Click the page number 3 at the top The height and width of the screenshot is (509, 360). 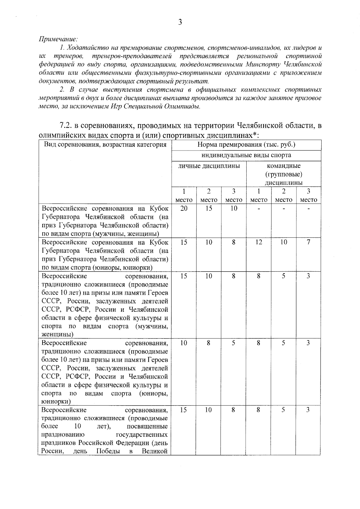click(x=180, y=22)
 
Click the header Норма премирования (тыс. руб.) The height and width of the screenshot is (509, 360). click(x=246, y=145)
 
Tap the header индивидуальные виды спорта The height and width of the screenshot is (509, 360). click(x=246, y=155)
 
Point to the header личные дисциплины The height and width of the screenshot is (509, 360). click(x=209, y=166)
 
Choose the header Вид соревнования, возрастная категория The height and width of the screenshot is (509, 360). click(x=105, y=145)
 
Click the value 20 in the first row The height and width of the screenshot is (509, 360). click(x=184, y=208)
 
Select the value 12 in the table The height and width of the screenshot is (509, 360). click(x=259, y=242)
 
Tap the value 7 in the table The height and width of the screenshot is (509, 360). click(x=308, y=242)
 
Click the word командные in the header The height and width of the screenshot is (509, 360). click(x=283, y=166)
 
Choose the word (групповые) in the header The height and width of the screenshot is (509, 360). click(x=283, y=174)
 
